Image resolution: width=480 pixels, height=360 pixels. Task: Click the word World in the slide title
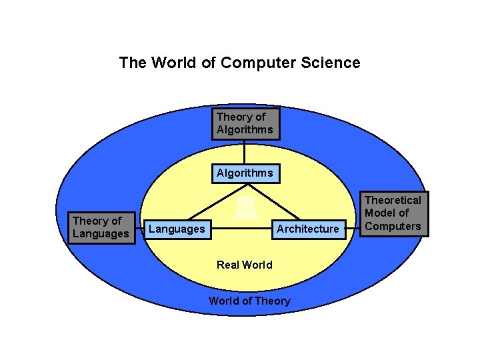[171, 63]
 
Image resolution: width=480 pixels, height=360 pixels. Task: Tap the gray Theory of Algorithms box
[245, 123]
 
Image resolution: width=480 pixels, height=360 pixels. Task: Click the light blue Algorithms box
[245, 173]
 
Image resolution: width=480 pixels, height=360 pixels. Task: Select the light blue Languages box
[177, 229]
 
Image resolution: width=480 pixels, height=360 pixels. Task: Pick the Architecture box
[307, 229]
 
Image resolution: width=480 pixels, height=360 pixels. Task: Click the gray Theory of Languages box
[101, 227]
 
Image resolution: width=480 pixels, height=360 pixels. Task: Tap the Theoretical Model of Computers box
[393, 213]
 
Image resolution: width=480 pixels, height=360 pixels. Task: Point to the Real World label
[245, 265]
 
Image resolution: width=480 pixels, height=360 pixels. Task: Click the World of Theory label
[249, 301]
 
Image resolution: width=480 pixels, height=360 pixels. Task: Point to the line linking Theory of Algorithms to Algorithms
[245, 151]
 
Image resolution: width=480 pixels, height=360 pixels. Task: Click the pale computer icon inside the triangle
[245, 207]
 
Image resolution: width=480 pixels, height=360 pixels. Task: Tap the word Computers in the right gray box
[393, 226]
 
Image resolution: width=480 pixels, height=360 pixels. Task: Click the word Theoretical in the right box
[393, 200]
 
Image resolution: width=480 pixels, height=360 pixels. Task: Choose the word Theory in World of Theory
[273, 301]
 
